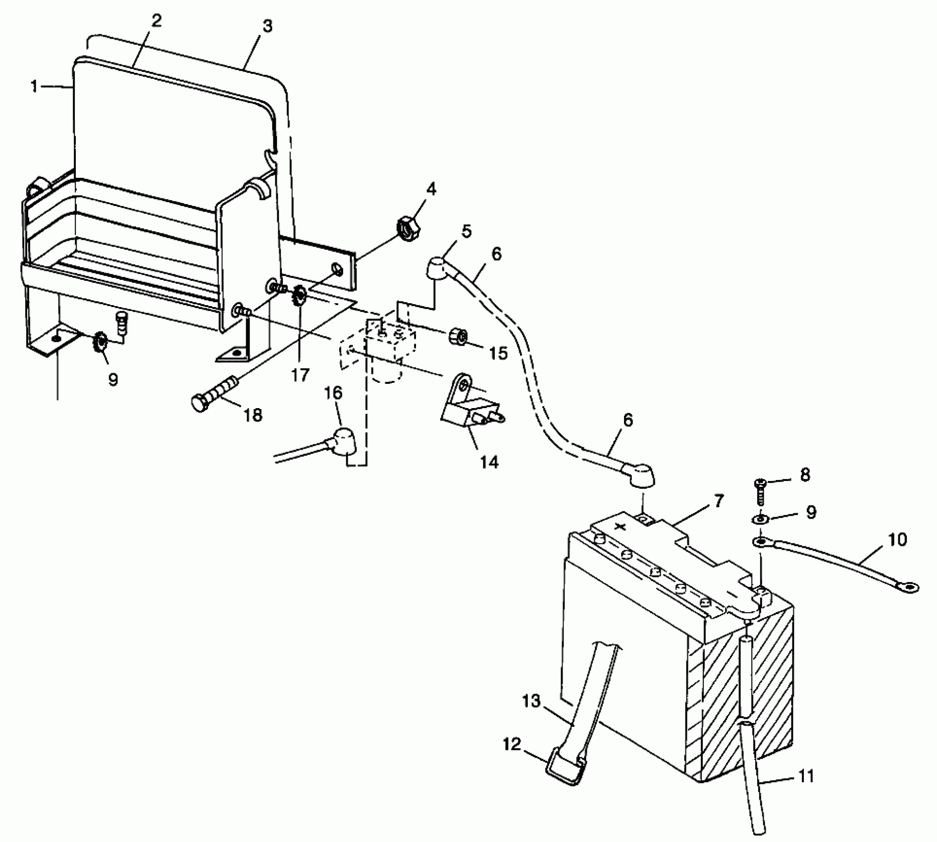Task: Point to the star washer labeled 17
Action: [300, 297]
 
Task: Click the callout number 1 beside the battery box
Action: [34, 87]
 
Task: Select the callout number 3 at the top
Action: [267, 26]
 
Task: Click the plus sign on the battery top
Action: [619, 527]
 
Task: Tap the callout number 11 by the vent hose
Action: [806, 776]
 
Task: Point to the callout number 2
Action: [156, 21]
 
